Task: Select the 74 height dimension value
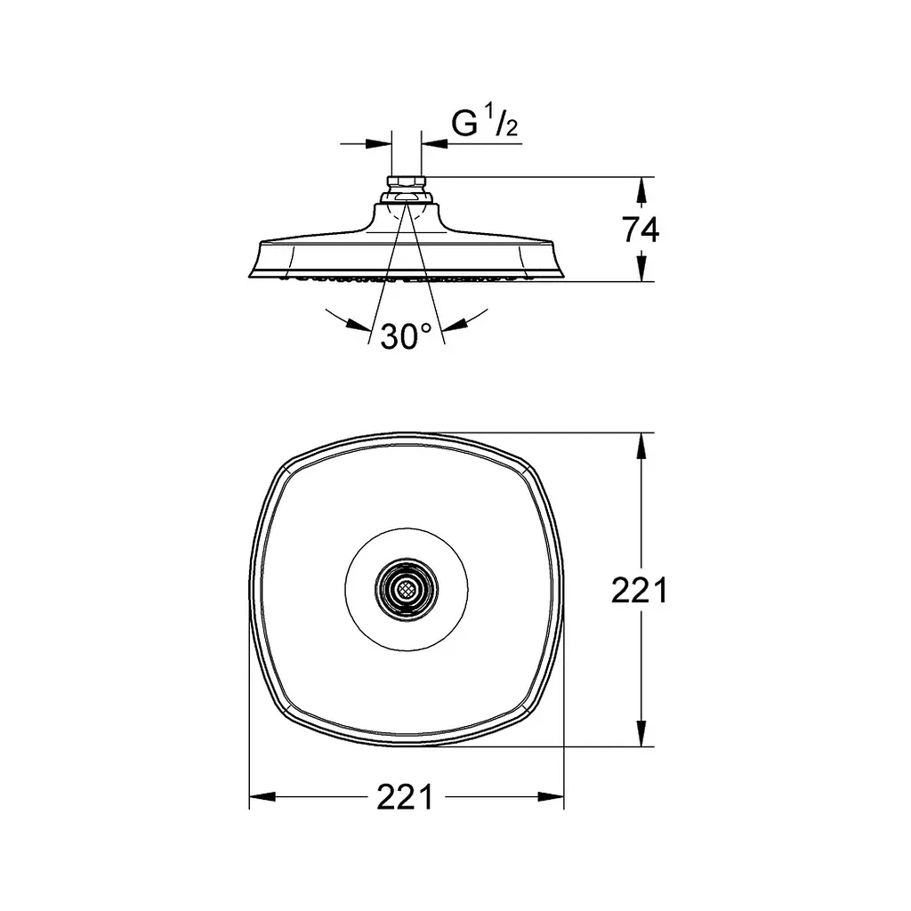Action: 641,230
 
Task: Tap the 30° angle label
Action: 407,336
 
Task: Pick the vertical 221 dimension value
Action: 640,591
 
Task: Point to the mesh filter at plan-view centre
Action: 407,590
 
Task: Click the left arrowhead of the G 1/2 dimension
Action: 378,143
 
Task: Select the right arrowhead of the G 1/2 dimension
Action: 434,143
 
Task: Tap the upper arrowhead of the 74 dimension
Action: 641,189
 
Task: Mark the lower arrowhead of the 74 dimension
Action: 641,269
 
